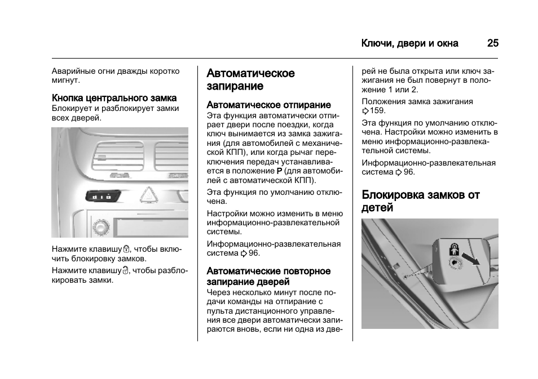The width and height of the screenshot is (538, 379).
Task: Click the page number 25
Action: tap(492, 43)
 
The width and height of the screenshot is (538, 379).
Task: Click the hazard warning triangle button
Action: tap(148, 196)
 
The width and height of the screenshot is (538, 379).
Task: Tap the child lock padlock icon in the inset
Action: tap(453, 249)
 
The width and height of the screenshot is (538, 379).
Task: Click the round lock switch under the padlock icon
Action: tap(454, 263)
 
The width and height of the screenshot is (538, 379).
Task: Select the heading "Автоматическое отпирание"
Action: tap(268, 105)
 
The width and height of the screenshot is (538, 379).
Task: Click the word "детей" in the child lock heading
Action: tap(377, 208)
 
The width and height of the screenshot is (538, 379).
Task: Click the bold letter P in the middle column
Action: tap(279, 171)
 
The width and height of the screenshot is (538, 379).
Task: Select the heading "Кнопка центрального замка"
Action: tap(114, 98)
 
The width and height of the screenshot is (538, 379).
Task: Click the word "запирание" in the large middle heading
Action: tap(235, 86)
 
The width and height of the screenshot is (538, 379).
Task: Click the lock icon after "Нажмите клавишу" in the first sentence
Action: tap(126, 248)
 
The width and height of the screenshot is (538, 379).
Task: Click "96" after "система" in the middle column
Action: tap(253, 253)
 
